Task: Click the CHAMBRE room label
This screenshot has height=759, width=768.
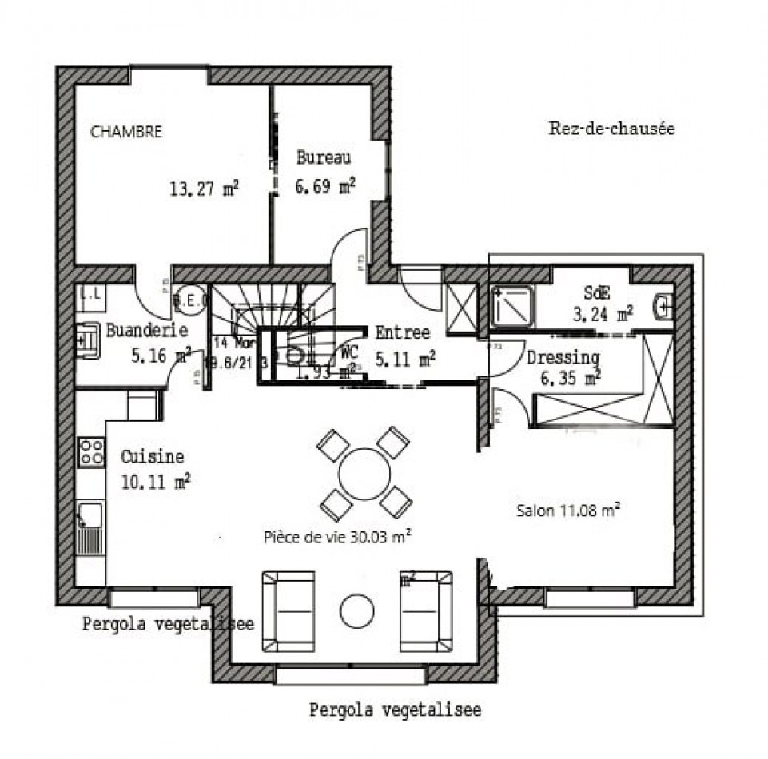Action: [126, 132]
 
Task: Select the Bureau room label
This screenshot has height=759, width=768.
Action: [323, 157]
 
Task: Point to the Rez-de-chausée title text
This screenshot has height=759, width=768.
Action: [611, 129]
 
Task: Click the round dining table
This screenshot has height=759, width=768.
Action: [364, 474]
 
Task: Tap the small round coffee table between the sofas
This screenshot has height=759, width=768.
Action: [356, 611]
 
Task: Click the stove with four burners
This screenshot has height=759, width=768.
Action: [91, 452]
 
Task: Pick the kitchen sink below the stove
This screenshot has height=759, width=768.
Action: [90, 515]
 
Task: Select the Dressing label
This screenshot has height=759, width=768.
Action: [563, 357]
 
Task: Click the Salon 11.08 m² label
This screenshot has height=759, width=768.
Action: [569, 511]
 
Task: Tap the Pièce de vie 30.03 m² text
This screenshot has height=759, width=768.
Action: [337, 538]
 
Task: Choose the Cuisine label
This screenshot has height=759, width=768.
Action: [152, 457]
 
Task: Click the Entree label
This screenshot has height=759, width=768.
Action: [402, 332]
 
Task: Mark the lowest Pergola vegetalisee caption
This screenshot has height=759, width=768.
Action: [395, 710]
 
